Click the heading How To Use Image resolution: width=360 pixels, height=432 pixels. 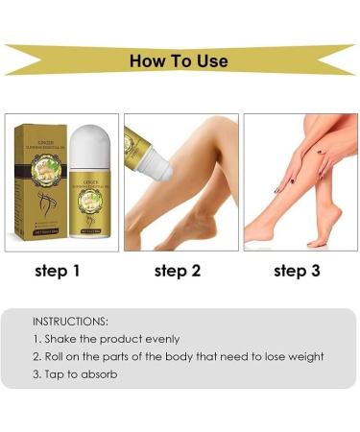pos(180,60)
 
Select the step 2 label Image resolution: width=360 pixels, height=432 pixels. pos(178,271)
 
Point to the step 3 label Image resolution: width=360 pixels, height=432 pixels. pos(297,271)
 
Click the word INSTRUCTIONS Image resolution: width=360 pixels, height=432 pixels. pos(71,320)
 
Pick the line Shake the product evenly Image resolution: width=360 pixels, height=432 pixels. pos(106,338)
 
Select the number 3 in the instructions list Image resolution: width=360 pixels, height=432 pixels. pos(36,373)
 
